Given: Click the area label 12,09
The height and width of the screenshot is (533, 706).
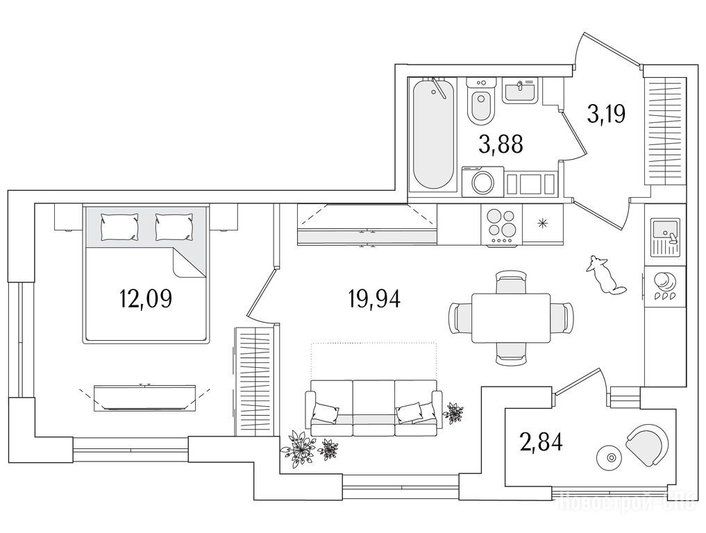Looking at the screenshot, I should click(145, 299).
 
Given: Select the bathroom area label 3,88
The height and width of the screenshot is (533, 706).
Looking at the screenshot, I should click(500, 144).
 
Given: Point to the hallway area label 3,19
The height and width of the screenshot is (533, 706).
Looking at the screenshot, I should click(606, 112).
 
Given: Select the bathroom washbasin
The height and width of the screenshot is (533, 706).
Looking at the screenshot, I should click(519, 91).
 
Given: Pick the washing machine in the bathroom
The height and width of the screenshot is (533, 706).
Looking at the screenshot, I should click(483, 182).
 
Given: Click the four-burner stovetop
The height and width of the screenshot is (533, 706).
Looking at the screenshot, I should click(502, 225).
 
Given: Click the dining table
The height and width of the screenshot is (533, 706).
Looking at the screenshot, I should click(511, 318).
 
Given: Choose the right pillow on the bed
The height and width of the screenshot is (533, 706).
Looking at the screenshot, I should click(173, 226).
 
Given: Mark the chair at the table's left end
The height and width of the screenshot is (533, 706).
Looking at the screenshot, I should click(460, 318).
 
